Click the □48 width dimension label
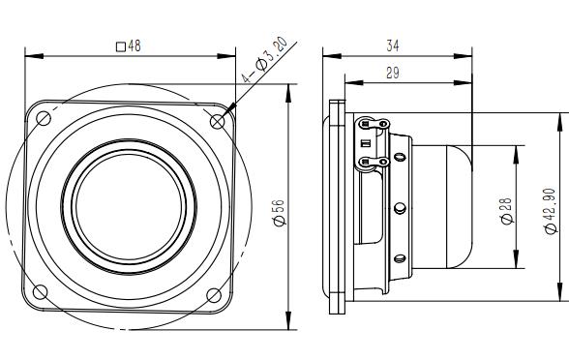coord(128,45)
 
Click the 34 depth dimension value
coord(392,45)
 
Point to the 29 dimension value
coord(392,73)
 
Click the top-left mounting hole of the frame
coord(43,118)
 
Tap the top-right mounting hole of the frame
coord(216,119)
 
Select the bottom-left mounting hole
coord(42,293)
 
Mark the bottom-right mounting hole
coord(215,293)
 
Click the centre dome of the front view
coord(128,206)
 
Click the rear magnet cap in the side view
coord(444,206)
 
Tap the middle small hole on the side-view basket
coord(399,207)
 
